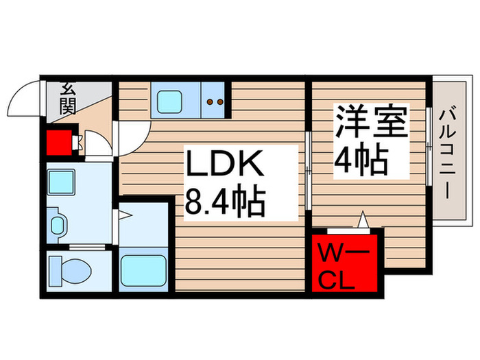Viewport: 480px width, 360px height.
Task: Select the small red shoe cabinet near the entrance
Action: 59,144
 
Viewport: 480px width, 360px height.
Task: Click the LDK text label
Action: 222,167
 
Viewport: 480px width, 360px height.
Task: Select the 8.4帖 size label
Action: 224,202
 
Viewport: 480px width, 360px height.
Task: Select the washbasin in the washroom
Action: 60,224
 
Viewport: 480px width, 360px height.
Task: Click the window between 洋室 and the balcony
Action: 428,145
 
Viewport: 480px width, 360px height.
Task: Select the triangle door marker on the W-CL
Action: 363,221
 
